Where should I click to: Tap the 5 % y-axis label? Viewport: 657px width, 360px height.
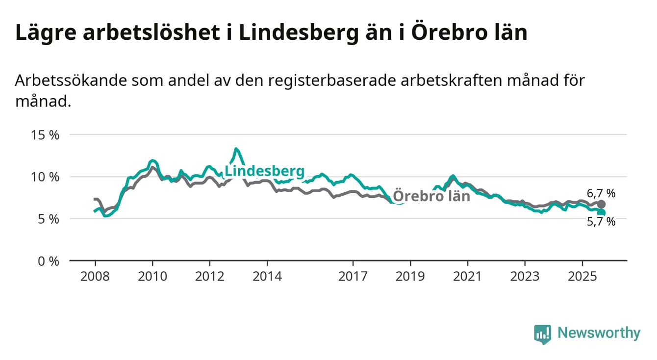pyautogui.click(x=49, y=219)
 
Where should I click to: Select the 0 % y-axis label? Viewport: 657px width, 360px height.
pyautogui.click(x=49, y=261)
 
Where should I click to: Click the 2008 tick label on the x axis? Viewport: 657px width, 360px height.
pyautogui.click(x=95, y=276)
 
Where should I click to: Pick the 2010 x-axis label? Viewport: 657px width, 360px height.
pyautogui.click(x=152, y=276)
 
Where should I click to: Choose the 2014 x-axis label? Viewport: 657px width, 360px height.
pyautogui.click(x=267, y=276)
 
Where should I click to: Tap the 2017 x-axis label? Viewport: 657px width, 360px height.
pyautogui.click(x=353, y=276)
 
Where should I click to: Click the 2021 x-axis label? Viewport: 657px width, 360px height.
pyautogui.click(x=467, y=276)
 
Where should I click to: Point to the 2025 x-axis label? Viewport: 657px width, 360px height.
pyautogui.click(x=582, y=276)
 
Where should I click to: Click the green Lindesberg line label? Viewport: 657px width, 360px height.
pyautogui.click(x=264, y=172)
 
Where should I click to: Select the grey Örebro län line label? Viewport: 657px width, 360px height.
pyautogui.click(x=431, y=196)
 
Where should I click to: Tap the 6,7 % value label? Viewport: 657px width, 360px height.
pyautogui.click(x=601, y=193)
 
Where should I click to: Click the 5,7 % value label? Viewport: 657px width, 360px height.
pyautogui.click(x=601, y=222)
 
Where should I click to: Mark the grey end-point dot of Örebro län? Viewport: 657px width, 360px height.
pyautogui.click(x=601, y=204)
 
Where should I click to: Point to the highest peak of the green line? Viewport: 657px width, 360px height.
pyautogui.click(x=236, y=149)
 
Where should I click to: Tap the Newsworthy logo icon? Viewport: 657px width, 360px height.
pyautogui.click(x=543, y=334)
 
